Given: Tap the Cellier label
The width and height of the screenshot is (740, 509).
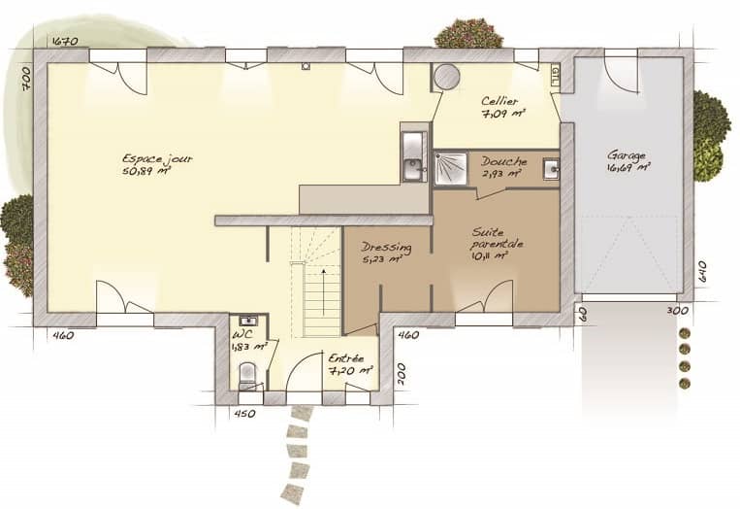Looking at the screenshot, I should [x=499, y=101].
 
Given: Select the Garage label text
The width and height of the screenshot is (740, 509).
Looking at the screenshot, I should [x=626, y=155].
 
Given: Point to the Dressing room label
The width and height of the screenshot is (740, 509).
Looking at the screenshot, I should [x=386, y=248].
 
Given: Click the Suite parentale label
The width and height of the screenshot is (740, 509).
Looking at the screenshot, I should [x=497, y=238].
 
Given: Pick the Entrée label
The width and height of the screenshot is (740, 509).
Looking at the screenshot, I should [x=345, y=359].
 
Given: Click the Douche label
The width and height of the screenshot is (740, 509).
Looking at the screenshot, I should [x=503, y=161].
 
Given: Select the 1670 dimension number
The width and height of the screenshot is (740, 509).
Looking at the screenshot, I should [x=64, y=41].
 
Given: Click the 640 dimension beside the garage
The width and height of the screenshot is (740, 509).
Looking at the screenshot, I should [x=701, y=271].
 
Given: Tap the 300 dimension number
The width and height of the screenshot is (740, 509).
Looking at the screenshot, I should [x=677, y=311].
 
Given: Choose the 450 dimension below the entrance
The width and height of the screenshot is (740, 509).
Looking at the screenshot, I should [x=244, y=414].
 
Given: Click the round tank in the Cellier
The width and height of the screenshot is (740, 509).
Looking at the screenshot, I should [x=446, y=77].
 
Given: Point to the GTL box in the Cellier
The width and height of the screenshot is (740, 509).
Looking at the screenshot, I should [x=554, y=74].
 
